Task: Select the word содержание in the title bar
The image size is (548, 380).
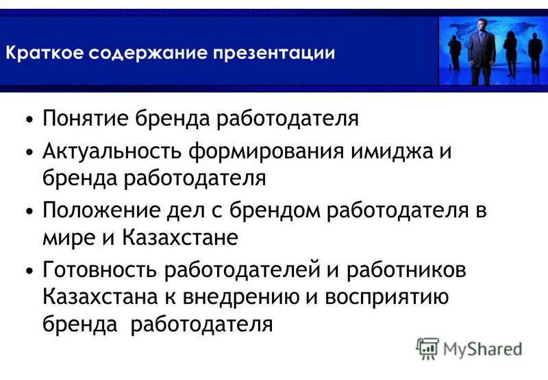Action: point(149,53)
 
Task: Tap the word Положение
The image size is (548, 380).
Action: point(95,211)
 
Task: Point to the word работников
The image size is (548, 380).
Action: point(408,270)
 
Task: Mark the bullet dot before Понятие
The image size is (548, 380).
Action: point(28,120)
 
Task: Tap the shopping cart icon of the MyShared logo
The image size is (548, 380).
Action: point(427,349)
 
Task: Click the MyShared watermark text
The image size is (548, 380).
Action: point(483,349)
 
